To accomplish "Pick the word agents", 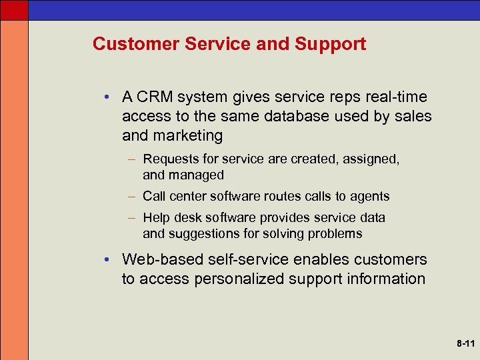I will pyautogui.click(x=372, y=196).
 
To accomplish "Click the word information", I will pyautogui.click(x=387, y=278).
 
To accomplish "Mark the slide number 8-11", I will pyautogui.click(x=465, y=344).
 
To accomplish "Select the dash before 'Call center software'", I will pyautogui.click(x=134, y=197).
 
